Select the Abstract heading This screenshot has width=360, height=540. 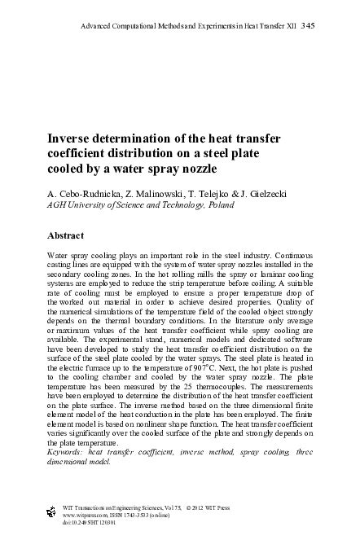pos(70,235)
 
